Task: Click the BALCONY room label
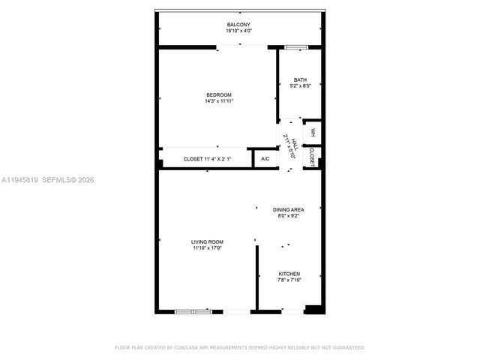[x=238, y=25]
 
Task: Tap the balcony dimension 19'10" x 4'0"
[x=238, y=31]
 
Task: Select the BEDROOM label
[x=219, y=94]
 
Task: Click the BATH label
[x=300, y=80]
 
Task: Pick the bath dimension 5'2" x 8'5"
[x=300, y=86]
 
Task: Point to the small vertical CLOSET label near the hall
[x=312, y=154]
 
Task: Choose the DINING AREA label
[x=288, y=210]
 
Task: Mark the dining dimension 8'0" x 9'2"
[x=288, y=216]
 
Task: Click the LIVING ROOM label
[x=208, y=241]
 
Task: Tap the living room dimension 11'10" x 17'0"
[x=208, y=247]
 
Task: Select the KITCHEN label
[x=289, y=274]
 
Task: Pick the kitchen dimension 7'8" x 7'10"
[x=289, y=280]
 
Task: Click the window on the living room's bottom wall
[x=193, y=310]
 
